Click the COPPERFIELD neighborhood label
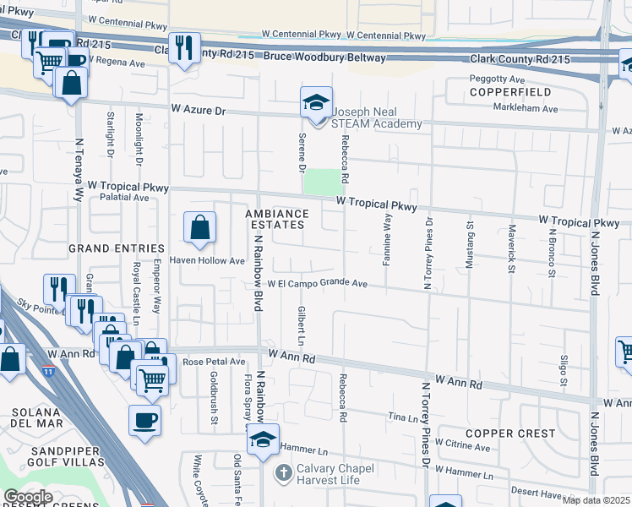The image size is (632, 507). (510, 91)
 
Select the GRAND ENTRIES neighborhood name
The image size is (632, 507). (116, 248)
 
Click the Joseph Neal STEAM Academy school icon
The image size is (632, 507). (317, 105)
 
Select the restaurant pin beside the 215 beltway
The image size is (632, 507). (183, 48)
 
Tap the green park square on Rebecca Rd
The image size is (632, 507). (319, 182)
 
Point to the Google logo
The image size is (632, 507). (28, 497)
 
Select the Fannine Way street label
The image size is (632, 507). (387, 240)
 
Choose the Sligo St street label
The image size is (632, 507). (564, 369)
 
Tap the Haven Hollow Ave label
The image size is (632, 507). (207, 261)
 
